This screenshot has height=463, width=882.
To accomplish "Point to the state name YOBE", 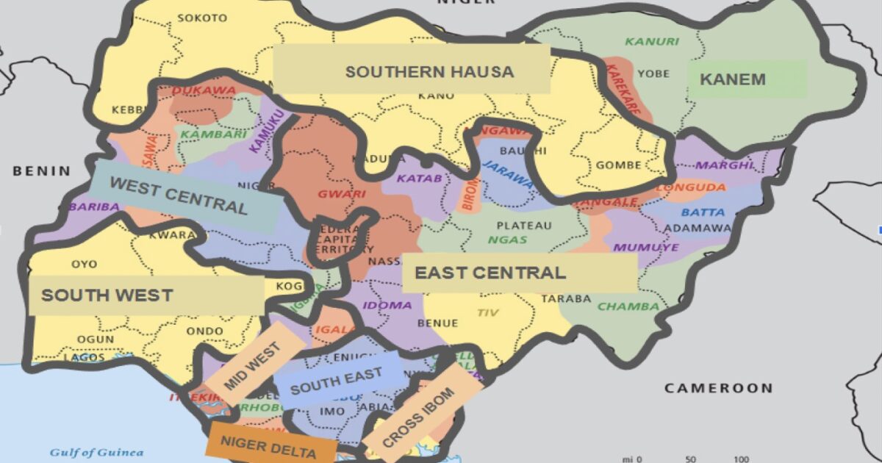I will [x=653, y=73].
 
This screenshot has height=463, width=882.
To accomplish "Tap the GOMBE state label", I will [x=618, y=165].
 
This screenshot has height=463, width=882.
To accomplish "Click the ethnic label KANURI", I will [x=652, y=41].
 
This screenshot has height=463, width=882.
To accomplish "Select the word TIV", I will [x=487, y=313].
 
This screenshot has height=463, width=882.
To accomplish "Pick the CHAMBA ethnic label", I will [x=628, y=306].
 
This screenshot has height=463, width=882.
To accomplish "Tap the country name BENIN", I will [x=41, y=171].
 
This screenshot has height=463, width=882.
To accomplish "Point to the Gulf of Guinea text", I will [x=96, y=452].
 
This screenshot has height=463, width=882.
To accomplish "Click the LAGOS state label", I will [x=84, y=357].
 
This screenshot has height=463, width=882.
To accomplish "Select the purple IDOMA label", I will [x=387, y=305].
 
